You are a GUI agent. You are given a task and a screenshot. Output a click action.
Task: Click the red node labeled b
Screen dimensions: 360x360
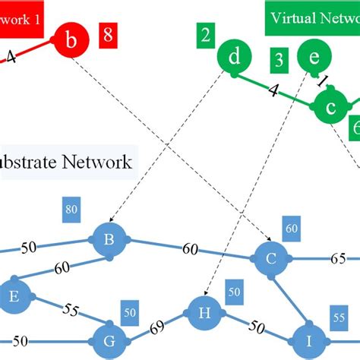tap(71, 44)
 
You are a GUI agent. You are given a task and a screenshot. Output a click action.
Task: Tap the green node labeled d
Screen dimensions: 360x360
tap(235, 58)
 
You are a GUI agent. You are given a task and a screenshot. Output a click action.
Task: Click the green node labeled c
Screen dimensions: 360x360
tap(330, 109)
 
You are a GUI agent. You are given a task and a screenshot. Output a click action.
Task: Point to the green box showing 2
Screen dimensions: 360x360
tap(205, 34)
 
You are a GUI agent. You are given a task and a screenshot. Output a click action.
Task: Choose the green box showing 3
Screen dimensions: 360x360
tap(279, 58)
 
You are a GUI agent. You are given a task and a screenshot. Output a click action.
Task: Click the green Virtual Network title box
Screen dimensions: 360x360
tap(312, 18)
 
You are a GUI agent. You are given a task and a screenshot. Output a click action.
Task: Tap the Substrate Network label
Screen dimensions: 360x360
tap(68, 162)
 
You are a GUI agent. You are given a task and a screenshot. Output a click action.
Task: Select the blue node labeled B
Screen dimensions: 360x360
tap(109, 241)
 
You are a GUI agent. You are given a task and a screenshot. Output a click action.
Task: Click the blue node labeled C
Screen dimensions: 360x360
tap(270, 259)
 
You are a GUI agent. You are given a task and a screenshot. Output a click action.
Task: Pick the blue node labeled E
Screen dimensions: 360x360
tap(12, 298)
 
